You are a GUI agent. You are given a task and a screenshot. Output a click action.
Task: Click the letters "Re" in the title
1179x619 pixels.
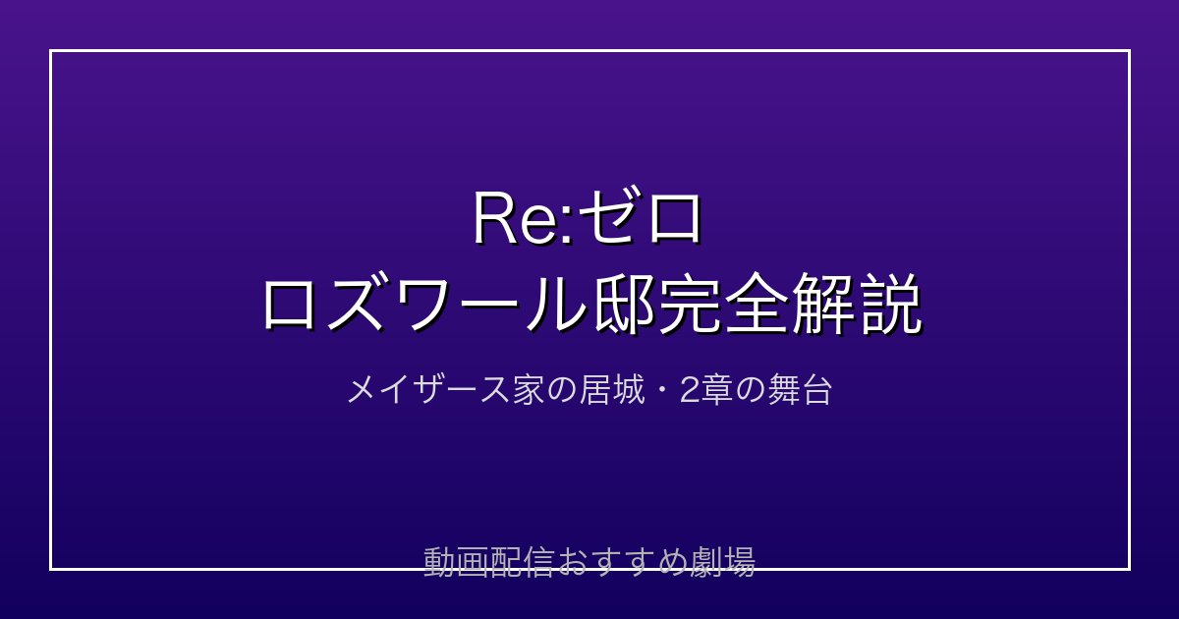pyautogui.click(x=518, y=219)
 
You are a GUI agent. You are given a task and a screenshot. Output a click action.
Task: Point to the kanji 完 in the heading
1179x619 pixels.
pyautogui.click(x=692, y=305)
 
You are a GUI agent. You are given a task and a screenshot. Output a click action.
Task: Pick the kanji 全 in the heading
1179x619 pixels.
pyautogui.click(x=758, y=305)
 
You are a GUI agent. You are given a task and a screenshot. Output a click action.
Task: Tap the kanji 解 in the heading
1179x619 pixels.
pyautogui.click(x=823, y=305)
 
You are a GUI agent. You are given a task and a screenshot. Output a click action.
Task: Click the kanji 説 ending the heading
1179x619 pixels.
pyautogui.click(x=889, y=305)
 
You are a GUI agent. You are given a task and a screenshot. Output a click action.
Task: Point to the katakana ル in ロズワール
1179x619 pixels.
pyautogui.click(x=558, y=306)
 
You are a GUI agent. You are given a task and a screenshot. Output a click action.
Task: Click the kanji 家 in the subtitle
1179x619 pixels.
pyautogui.click(x=528, y=391)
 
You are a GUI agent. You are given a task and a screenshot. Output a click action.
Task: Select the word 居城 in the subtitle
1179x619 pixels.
pyautogui.click(x=611, y=391)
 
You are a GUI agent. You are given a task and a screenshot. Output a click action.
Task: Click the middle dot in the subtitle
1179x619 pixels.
pyautogui.click(x=661, y=391)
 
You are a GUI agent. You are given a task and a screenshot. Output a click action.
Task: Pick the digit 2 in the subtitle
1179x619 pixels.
pyautogui.click(x=689, y=391)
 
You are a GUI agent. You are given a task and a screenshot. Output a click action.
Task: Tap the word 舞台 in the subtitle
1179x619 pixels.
pyautogui.click(x=800, y=391)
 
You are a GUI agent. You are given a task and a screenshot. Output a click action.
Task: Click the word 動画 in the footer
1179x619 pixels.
pyautogui.click(x=456, y=562)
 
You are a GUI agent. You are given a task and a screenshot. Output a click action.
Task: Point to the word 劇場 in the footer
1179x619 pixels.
pyautogui.click(x=723, y=562)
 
